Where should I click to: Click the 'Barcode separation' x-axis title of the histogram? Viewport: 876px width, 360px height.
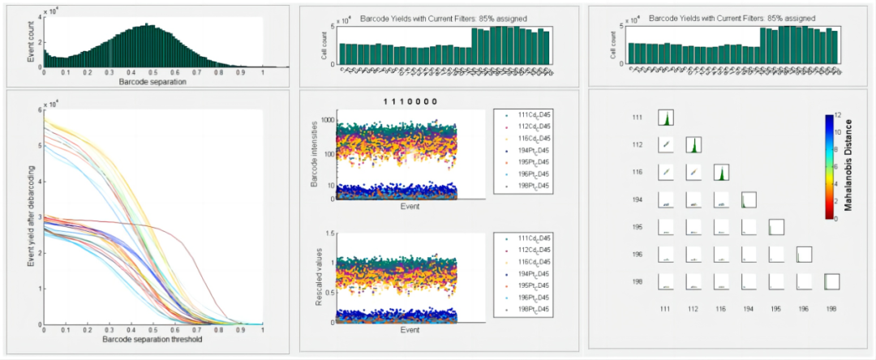[x=152, y=81]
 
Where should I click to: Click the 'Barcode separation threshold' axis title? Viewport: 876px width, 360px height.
[x=152, y=338]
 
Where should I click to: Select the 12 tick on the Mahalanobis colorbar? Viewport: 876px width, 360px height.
[x=838, y=114]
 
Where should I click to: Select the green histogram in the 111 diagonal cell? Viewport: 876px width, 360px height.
[x=666, y=118]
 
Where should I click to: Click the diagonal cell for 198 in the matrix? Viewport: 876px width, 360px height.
[x=831, y=281]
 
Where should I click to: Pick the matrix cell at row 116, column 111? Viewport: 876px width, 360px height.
[x=666, y=173]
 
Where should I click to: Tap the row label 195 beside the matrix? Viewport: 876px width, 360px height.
[x=638, y=227]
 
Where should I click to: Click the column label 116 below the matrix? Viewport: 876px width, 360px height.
[x=721, y=309]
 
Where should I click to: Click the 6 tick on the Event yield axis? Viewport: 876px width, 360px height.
[x=39, y=109]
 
